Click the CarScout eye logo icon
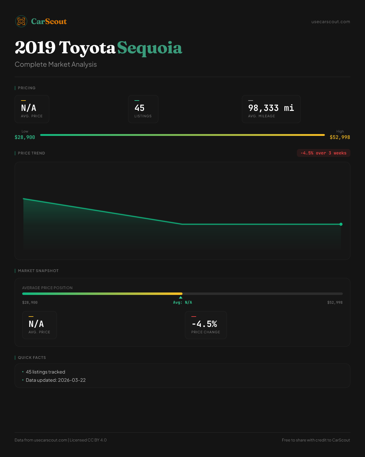click(x=21, y=21)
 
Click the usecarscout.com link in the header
click(x=331, y=22)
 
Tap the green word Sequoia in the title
click(x=150, y=48)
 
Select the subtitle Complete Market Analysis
click(x=56, y=64)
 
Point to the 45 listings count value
click(x=140, y=108)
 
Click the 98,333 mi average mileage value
click(x=271, y=108)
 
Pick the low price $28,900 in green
click(x=25, y=137)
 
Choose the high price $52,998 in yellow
click(x=340, y=137)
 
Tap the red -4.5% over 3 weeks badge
click(x=323, y=153)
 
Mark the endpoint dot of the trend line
click(x=341, y=224)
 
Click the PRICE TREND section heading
click(x=31, y=153)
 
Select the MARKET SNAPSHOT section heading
click(x=38, y=271)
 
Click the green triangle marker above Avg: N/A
click(x=181, y=297)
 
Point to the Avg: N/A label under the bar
click(x=182, y=303)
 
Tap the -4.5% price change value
click(x=204, y=324)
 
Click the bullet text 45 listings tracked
click(x=46, y=372)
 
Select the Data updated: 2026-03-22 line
click(x=56, y=380)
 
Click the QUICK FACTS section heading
click(x=32, y=358)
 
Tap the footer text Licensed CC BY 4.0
click(x=88, y=440)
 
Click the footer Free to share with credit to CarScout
click(x=316, y=440)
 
